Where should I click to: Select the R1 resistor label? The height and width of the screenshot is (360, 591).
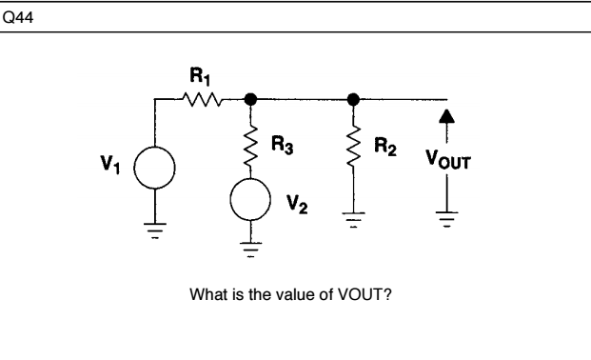coord(197,73)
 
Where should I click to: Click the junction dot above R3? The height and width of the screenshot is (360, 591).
coord(251,97)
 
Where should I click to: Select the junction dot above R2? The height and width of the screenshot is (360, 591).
coord(354,97)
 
